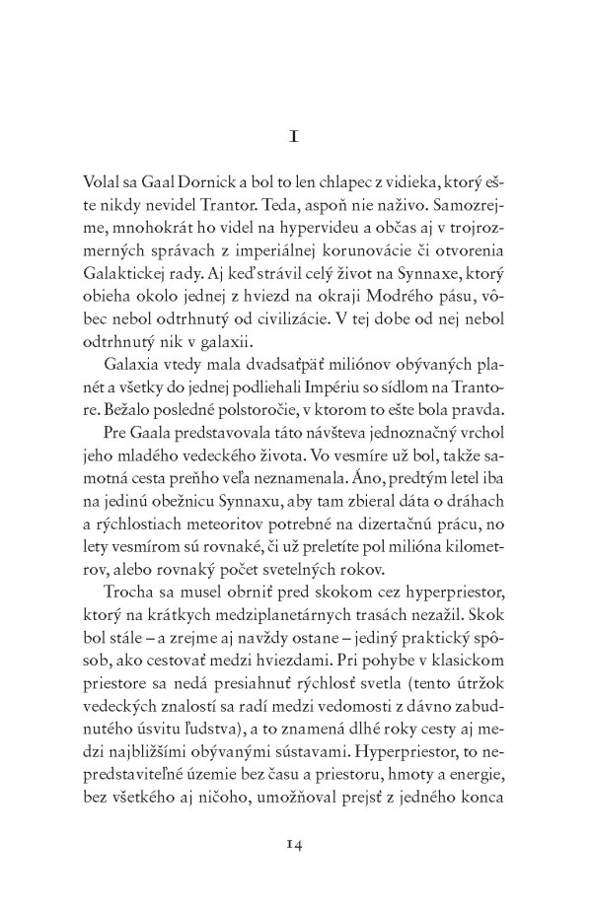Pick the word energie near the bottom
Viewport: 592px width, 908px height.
tap(451, 829)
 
